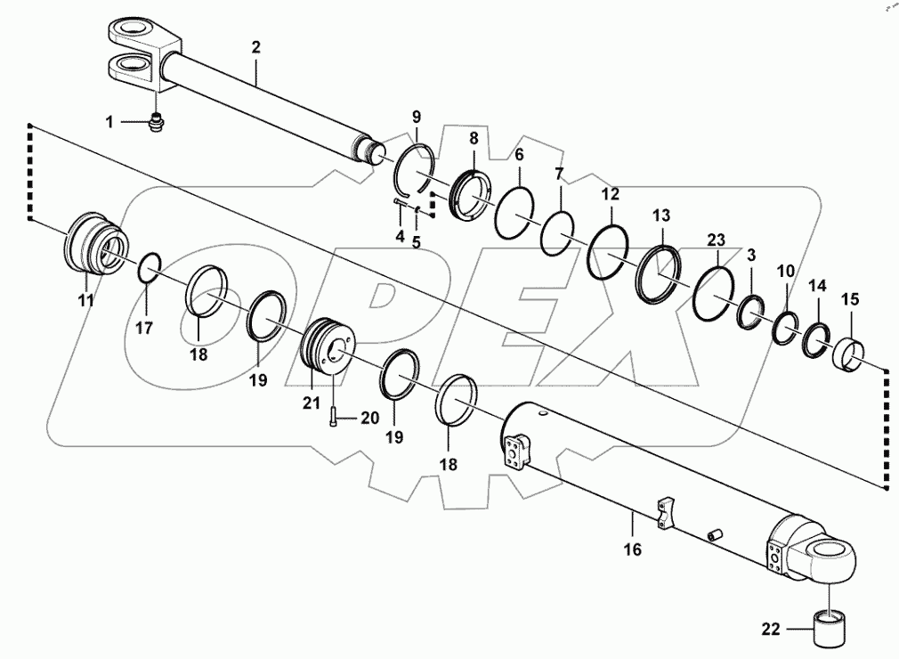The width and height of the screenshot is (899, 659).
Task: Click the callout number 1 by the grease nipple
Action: click(x=110, y=122)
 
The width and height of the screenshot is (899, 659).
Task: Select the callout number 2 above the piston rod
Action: click(x=255, y=47)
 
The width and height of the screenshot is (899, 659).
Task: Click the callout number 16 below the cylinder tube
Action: click(x=631, y=550)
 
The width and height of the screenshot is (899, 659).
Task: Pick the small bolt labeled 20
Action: click(x=332, y=414)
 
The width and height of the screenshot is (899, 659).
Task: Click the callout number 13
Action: click(x=661, y=216)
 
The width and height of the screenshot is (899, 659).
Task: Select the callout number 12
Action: click(x=611, y=193)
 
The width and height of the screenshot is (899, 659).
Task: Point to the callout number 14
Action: click(x=816, y=286)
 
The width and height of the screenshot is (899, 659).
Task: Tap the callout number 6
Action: click(x=519, y=154)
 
